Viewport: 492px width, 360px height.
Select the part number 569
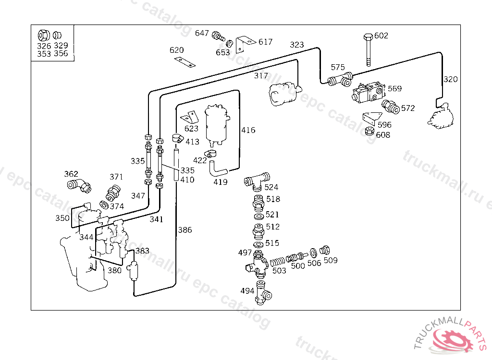tap(394, 88)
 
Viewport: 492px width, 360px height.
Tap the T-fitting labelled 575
tap(340, 79)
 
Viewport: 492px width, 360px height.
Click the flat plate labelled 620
tap(185, 62)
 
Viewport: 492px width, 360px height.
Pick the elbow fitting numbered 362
tap(79, 186)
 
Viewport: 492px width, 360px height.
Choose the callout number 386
tap(185, 230)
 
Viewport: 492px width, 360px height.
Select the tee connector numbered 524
tap(257, 181)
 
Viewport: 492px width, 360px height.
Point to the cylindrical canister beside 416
tap(217, 125)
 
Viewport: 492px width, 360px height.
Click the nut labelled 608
tap(369, 131)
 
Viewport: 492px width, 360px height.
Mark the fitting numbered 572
tap(390, 107)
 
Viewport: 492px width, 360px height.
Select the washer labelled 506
tap(313, 253)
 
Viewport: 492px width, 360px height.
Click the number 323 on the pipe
tap(297, 45)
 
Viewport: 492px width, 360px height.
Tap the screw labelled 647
tap(219, 36)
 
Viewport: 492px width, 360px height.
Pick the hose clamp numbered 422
tap(210, 154)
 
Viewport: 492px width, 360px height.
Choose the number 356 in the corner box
tap(61, 54)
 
